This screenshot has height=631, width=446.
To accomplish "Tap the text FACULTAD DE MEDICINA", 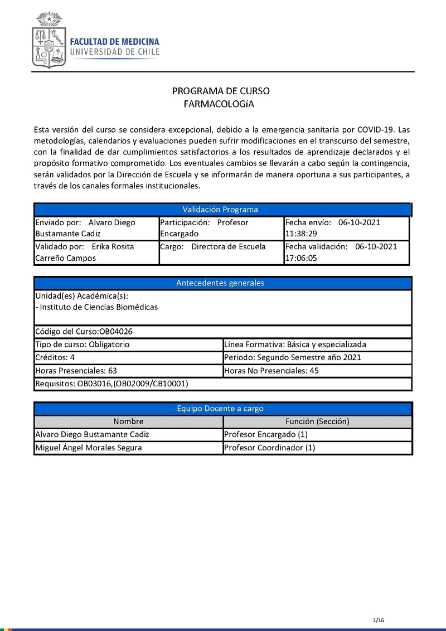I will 114,42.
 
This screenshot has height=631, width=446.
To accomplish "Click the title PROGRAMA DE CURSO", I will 220,91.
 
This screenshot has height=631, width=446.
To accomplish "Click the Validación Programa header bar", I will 222,210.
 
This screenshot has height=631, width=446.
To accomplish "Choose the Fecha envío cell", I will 346,228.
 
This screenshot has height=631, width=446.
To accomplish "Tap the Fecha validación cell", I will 346,252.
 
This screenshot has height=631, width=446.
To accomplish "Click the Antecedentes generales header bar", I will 222,283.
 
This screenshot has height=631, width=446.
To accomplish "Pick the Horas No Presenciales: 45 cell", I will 317,371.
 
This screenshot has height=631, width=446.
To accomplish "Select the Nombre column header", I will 128,422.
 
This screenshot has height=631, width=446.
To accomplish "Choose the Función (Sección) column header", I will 317,422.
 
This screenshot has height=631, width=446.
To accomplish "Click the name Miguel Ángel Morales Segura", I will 89,448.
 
